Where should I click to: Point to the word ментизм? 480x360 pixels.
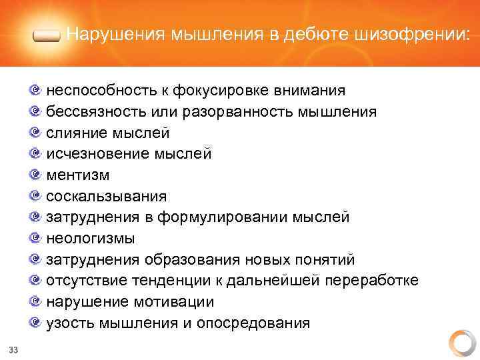pyautogui.click(x=78, y=175)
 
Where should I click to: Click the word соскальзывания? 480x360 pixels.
pyautogui.click(x=107, y=197)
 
